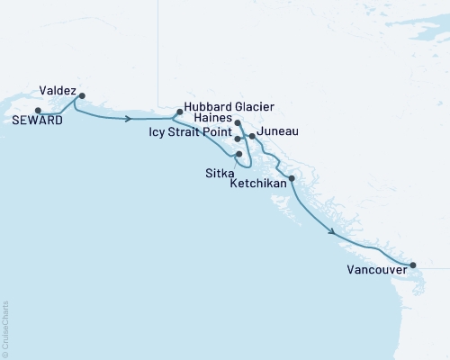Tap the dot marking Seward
point(38,111)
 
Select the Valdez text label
point(57,90)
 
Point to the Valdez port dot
point(82,95)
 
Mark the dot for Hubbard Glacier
point(180,112)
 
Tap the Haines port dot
point(237,121)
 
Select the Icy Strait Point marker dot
point(237,139)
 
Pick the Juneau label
point(278,131)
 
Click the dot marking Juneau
point(252,137)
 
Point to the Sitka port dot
point(238,154)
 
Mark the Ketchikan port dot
point(291,178)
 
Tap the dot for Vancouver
point(413,265)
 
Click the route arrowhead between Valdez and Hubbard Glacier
point(130,118)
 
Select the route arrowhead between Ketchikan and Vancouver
point(333,232)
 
